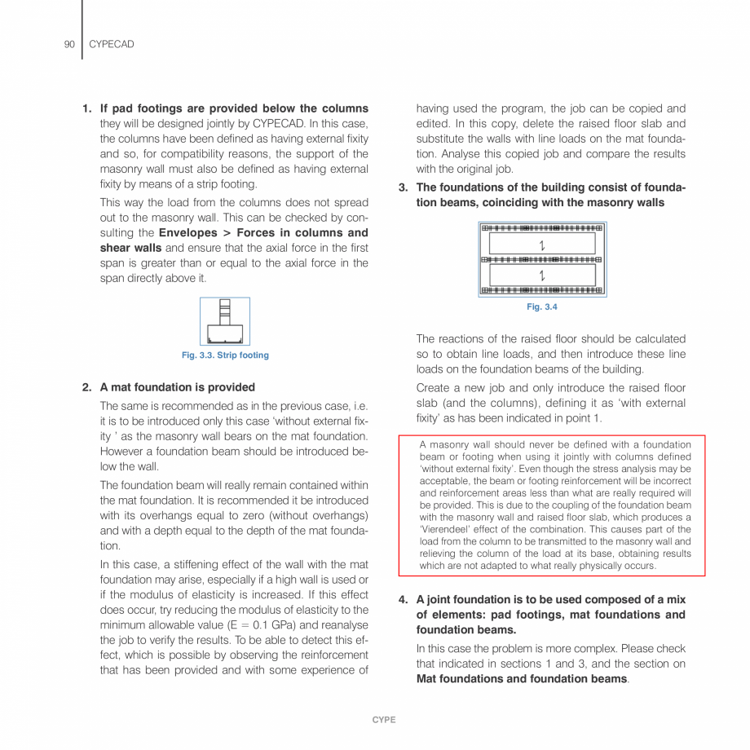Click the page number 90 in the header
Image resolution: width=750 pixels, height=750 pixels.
69,44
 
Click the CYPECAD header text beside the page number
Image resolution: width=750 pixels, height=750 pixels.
111,44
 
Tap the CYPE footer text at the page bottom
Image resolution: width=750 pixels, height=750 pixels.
383,720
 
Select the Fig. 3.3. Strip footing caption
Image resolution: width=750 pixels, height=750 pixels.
225,355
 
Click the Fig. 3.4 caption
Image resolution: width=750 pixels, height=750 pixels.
542,307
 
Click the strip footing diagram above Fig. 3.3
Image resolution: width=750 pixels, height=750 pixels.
225,321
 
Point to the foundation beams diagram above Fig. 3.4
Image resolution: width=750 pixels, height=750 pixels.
542,258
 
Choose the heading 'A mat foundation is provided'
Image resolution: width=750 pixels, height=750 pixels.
177,387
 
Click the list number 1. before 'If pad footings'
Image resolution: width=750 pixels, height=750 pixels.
86,108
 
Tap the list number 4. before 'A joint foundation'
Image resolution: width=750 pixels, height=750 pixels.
403,600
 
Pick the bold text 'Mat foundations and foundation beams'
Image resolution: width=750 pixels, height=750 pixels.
521,678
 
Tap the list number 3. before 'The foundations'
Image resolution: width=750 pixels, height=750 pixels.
403,187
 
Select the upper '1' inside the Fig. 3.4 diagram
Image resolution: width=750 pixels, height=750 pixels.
542,245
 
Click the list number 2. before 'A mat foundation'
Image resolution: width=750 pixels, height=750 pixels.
86,387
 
